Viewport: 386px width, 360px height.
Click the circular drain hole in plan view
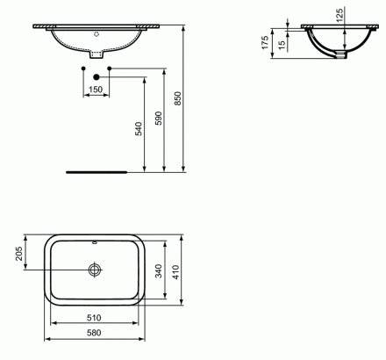[x=96, y=269]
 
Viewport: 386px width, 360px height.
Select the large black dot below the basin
[x=96, y=77]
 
